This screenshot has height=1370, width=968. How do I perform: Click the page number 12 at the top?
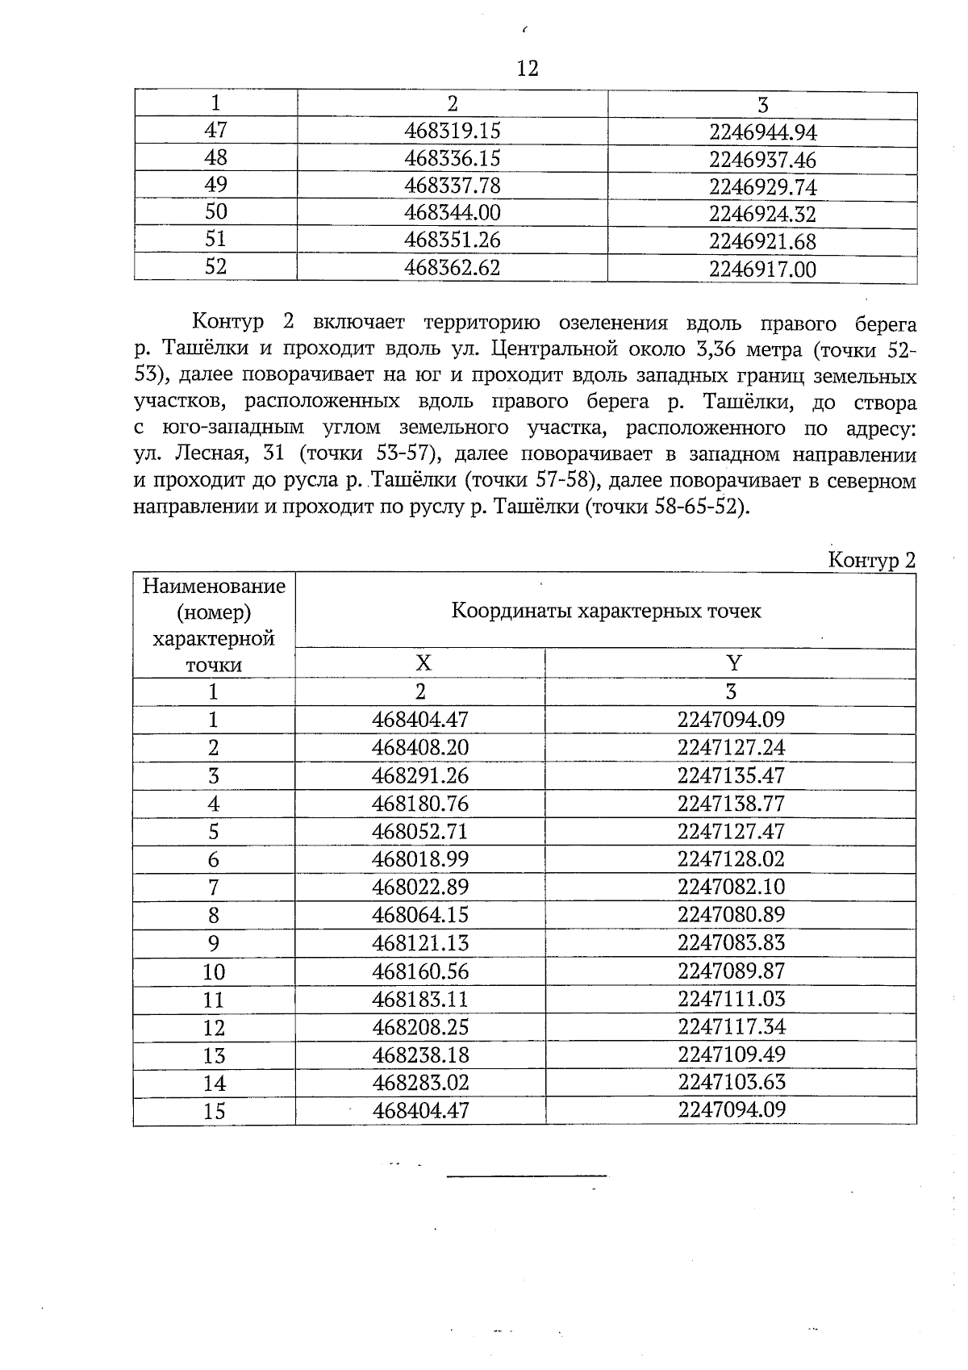click(x=527, y=69)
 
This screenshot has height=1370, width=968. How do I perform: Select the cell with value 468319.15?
click(x=452, y=130)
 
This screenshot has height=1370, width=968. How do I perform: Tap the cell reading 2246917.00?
click(x=762, y=269)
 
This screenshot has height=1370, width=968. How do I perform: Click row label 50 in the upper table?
click(x=216, y=211)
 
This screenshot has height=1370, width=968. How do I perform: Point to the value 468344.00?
click(x=452, y=213)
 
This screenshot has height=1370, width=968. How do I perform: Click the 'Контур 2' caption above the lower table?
click(x=872, y=561)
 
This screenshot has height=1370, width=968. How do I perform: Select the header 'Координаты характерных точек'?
click(x=606, y=611)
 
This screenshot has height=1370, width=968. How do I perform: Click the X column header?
click(x=422, y=663)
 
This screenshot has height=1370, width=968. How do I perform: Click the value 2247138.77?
click(x=731, y=803)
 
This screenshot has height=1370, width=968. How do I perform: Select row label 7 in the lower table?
click(x=214, y=888)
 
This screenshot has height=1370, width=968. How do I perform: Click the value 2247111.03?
click(x=731, y=999)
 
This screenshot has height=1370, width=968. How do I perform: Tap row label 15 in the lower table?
click(x=214, y=1111)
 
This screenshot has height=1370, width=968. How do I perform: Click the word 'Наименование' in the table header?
click(x=214, y=585)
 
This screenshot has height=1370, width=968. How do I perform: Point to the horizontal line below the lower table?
click(x=527, y=1177)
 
